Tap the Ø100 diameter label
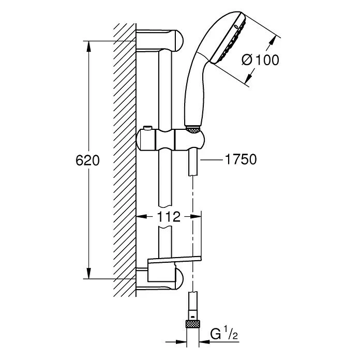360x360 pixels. click(260, 60)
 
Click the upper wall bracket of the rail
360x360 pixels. click(160, 40)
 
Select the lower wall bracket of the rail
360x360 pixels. click(163, 278)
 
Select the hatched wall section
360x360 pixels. click(124, 155)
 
